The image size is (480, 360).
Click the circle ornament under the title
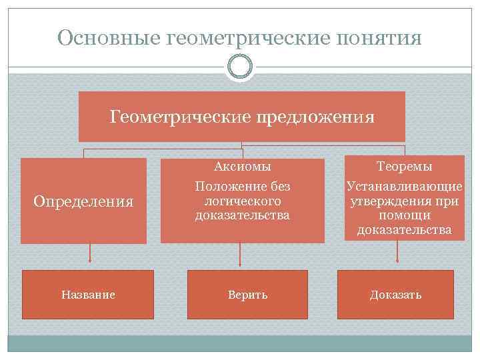tap(239, 66)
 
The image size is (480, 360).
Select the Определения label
tap(83, 201)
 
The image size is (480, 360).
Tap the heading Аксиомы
tap(242, 166)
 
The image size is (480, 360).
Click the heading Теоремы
tap(404, 166)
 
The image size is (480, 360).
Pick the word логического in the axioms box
tap(243, 200)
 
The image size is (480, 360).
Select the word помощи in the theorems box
tap(404, 215)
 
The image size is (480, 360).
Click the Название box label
tap(88, 295)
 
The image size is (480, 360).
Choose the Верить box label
tap(247, 295)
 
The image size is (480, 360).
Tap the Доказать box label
tap(396, 295)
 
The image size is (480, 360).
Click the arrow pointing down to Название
tap(89, 257)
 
